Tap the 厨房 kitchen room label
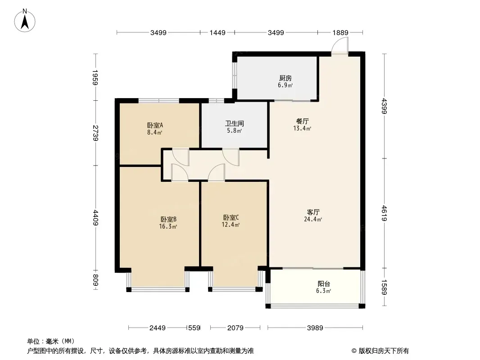coord(285,78)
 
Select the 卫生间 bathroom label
coord(235,124)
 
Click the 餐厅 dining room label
coord(303,121)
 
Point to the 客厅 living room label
coord(313,212)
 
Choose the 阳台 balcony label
coord(324,284)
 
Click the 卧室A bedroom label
coord(155,125)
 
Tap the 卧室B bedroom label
coord(168,219)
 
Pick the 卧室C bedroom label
coord(231,217)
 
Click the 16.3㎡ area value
coord(168,227)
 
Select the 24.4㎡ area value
coord(313,219)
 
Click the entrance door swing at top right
coord(340,46)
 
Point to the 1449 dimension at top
coord(217,32)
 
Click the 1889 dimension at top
coord(340,32)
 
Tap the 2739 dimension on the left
coord(95,133)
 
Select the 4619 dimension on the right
coord(385,213)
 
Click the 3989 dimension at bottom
coord(315,328)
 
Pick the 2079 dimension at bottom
coord(235,328)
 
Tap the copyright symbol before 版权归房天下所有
coord(354,351)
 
